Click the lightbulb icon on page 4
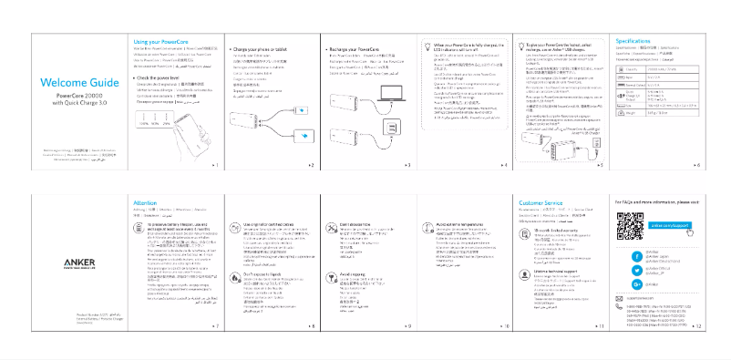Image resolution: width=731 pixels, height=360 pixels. coord(427,47)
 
